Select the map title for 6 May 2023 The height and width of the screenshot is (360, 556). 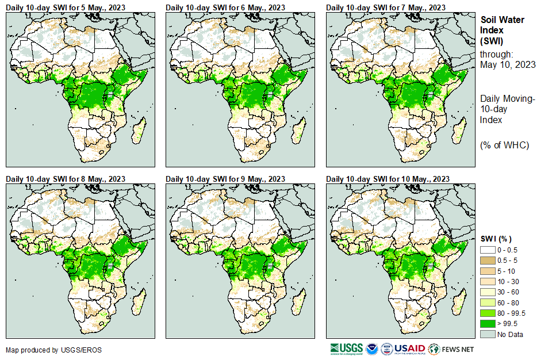point(225,7)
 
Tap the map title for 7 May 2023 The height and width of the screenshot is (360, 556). point(386,7)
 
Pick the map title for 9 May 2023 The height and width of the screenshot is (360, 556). point(225,179)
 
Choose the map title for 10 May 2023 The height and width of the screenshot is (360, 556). point(388,179)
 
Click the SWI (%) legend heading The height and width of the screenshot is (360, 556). point(496,239)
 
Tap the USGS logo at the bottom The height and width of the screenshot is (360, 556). point(347,348)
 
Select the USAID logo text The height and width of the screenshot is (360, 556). point(410,348)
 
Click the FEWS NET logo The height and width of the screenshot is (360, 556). point(452,348)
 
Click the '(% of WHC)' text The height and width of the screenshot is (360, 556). point(504,145)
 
